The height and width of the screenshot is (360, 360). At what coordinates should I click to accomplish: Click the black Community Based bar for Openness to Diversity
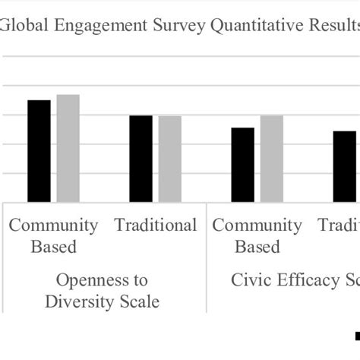39,151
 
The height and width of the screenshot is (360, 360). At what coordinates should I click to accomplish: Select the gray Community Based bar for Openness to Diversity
68,148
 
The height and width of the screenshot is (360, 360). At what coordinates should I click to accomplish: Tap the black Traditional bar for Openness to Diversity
141,159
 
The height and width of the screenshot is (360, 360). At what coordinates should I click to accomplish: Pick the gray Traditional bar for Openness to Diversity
170,159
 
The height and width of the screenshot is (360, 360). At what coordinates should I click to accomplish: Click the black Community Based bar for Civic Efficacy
243,165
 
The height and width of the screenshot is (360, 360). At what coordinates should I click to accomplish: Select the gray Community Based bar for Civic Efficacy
272,159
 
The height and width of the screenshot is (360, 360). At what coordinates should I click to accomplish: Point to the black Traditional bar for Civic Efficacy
345,166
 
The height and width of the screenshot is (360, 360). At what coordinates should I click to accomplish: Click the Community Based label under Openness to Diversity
53,235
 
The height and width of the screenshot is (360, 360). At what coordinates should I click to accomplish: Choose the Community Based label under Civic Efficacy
257,235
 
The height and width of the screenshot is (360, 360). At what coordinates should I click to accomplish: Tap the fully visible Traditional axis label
155,225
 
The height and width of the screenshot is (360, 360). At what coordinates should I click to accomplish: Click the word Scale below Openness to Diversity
140,302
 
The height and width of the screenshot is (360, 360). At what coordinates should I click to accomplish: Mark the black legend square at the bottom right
357,335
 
